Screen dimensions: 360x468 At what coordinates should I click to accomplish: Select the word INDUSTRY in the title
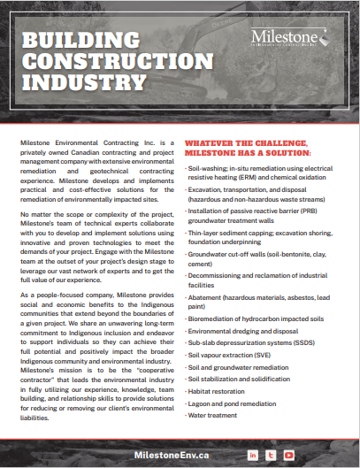click(x=83, y=83)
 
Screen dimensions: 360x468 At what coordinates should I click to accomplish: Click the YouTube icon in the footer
click(x=288, y=455)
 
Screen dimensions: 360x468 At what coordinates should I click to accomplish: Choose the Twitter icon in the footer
click(x=272, y=455)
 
